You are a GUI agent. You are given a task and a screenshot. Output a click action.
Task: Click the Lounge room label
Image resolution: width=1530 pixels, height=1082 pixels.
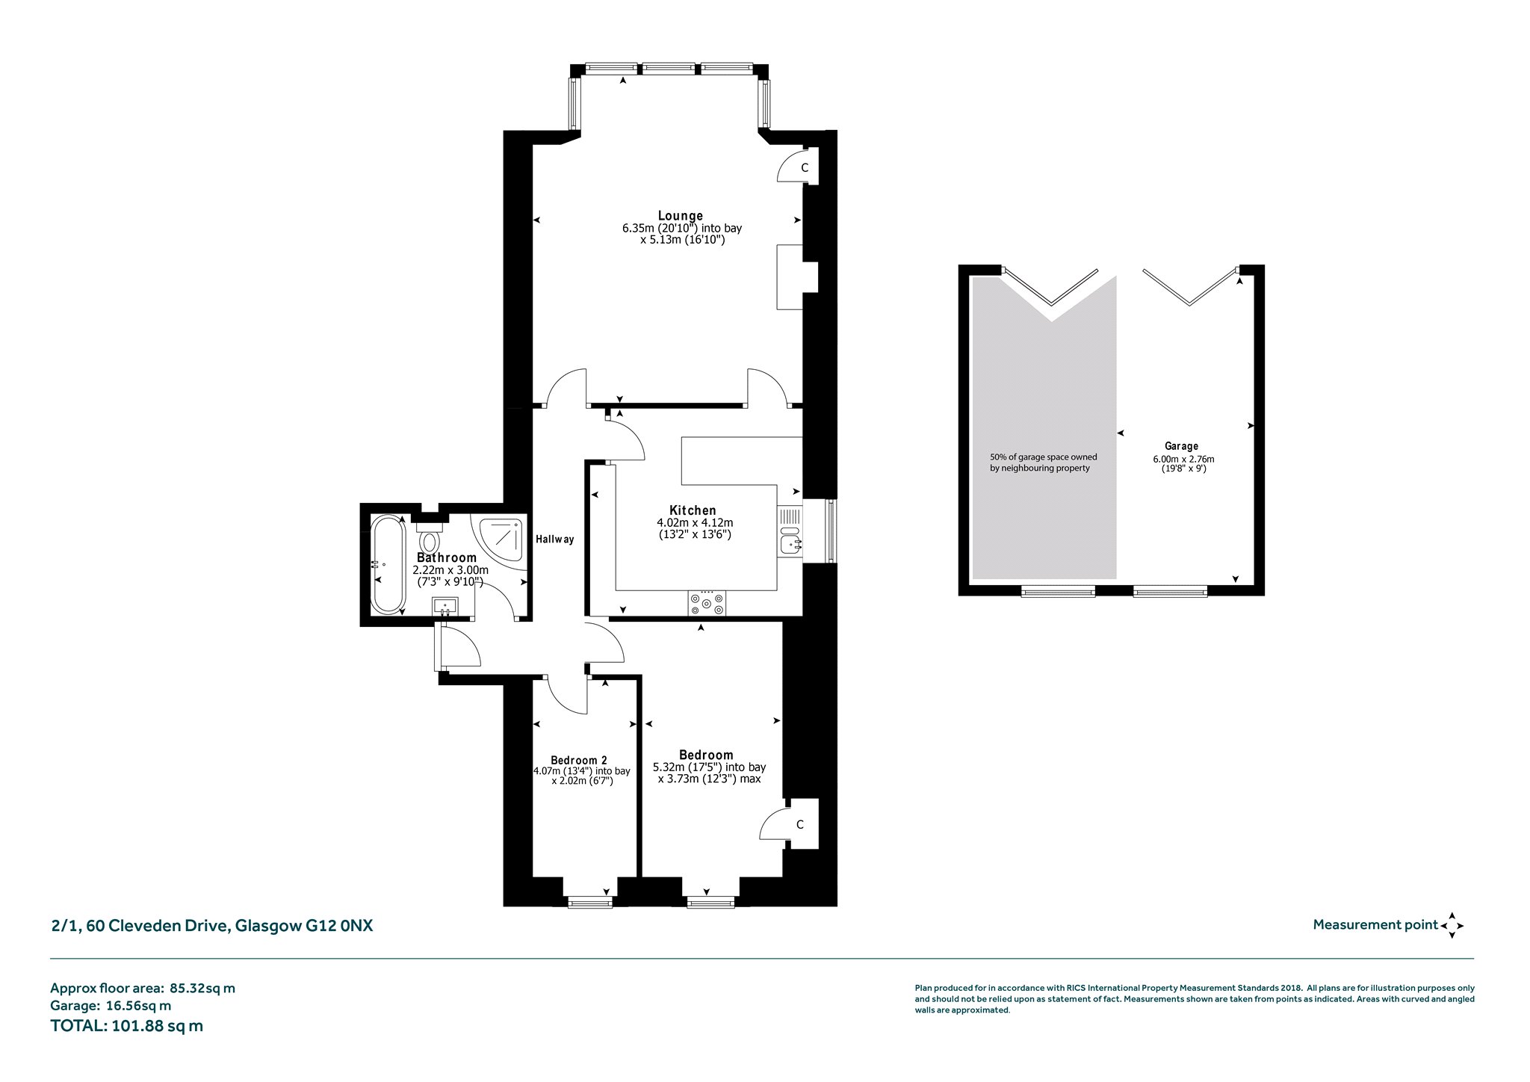[680, 216]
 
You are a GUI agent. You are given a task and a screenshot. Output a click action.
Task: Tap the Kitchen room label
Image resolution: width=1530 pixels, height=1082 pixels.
[694, 510]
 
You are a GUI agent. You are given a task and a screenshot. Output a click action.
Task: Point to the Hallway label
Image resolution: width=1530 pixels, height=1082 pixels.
[554, 539]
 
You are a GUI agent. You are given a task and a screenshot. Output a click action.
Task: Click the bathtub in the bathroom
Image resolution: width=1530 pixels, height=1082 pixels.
[388, 564]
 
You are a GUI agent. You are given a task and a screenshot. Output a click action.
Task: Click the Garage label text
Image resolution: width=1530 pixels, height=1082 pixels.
[1181, 446]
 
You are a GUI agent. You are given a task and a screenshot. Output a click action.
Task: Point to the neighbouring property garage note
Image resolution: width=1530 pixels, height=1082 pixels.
[1043, 463]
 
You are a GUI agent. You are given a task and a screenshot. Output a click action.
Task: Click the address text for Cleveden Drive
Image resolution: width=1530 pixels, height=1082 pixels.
[211, 926]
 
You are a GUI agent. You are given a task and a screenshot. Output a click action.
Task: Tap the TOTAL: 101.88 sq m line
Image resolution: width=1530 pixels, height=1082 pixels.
[126, 1025]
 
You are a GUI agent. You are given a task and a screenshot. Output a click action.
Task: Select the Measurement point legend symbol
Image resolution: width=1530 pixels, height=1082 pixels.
[1452, 925]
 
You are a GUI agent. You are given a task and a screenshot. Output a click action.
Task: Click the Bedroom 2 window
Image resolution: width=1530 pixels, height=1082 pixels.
[590, 903]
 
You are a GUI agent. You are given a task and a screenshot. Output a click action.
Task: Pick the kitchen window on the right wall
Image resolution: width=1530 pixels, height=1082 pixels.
[831, 531]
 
